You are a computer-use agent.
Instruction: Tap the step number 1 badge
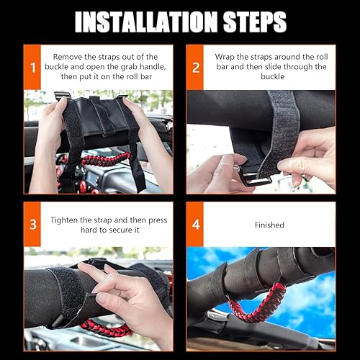[x=33, y=68]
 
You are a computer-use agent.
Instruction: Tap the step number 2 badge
[x=197, y=68]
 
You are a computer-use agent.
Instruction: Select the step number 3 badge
[x=33, y=225]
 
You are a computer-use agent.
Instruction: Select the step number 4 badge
[x=197, y=225]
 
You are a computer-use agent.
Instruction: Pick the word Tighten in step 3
[x=67, y=219]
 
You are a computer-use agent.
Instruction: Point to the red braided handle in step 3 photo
[x=101, y=328]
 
